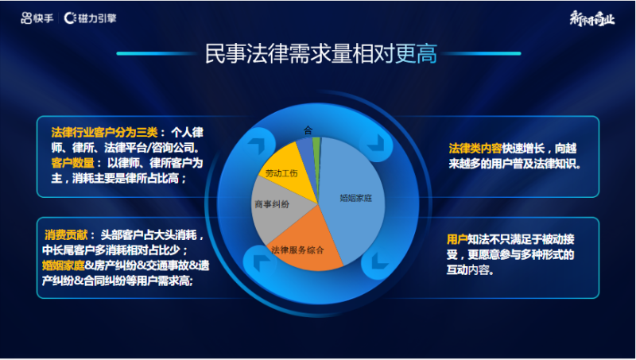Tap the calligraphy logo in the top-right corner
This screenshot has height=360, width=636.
[591, 17]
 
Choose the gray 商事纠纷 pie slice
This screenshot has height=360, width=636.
[274, 205]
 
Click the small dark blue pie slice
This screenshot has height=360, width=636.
[305, 149]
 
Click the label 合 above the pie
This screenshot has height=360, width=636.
[308, 129]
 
